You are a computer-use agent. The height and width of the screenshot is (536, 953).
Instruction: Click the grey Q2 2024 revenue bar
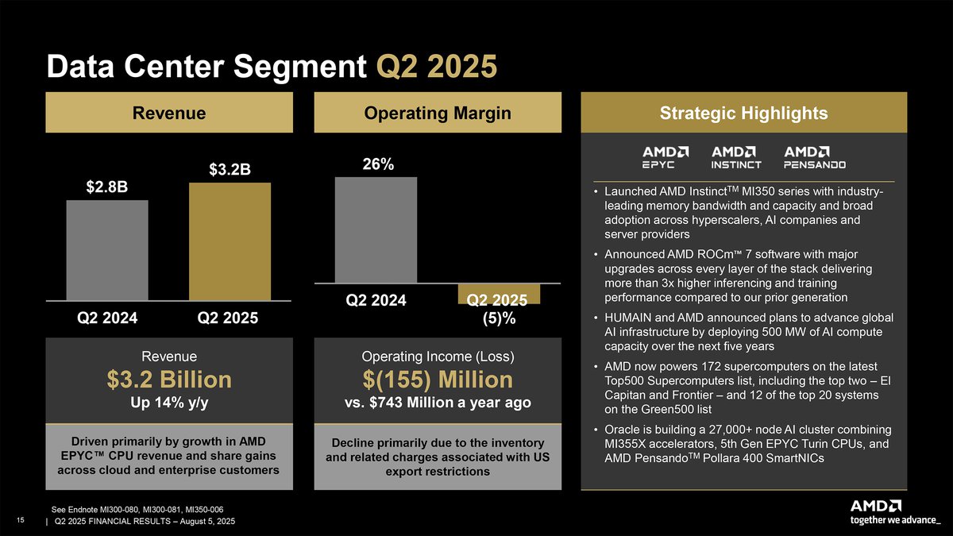107,250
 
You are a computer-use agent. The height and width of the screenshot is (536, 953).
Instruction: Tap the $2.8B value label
107,187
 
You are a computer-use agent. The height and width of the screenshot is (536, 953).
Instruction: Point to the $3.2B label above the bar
230,169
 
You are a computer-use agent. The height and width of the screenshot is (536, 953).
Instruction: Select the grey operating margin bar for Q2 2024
376,229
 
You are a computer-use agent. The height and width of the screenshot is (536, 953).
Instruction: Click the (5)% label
500,319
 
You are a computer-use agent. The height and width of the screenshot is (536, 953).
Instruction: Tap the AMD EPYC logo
665,157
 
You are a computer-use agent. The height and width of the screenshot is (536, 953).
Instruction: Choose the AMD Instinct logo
736,157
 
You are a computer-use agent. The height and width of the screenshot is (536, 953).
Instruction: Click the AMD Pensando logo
815,157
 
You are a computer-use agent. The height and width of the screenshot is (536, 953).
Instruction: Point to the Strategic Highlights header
744,114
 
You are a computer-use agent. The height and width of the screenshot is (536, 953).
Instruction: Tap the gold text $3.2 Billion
168,379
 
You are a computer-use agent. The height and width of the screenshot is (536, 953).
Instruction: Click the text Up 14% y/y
168,403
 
